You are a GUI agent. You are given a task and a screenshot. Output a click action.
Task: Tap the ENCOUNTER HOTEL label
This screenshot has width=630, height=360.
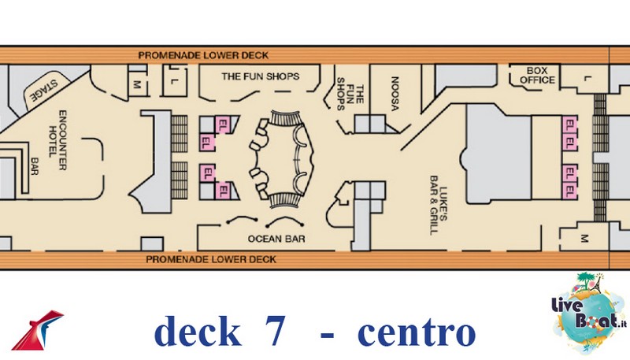coord(57,139)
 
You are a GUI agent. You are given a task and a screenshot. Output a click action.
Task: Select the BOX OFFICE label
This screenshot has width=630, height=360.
coord(537,75)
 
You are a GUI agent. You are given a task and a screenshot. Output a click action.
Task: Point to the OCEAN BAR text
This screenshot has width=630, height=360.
coord(276,239)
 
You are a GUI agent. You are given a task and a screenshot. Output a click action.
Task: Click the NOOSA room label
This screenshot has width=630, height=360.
coord(395,94)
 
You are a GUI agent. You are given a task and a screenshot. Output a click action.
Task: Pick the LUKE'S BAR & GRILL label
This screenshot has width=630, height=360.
coord(439,205)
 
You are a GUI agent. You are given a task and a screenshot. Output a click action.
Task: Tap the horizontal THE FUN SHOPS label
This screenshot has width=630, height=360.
coord(261,76)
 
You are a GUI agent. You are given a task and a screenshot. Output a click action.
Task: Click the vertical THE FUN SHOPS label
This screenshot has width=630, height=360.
coord(350,94)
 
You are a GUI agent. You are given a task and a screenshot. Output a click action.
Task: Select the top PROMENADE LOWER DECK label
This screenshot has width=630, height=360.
coord(203,55)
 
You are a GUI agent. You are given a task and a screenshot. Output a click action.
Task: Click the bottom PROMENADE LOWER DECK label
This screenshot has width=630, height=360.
coord(211,259)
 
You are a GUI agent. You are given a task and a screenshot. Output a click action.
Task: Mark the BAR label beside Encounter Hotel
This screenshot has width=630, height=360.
coord(35,166)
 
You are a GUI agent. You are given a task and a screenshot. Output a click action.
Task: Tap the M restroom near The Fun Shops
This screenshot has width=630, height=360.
coord(137,84)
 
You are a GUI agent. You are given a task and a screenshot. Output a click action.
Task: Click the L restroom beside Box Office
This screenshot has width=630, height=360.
coord(587,78)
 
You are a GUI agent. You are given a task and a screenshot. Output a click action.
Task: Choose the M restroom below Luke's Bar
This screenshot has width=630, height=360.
coord(584,239)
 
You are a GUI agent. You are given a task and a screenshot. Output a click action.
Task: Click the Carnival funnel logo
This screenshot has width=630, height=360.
coord(38,330)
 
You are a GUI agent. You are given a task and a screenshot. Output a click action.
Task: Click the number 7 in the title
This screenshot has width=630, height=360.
coord(275,331)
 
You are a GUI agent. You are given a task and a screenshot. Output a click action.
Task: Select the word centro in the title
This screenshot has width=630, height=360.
coord(417,333)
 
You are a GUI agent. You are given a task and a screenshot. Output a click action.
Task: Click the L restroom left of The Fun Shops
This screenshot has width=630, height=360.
coord(173,81)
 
